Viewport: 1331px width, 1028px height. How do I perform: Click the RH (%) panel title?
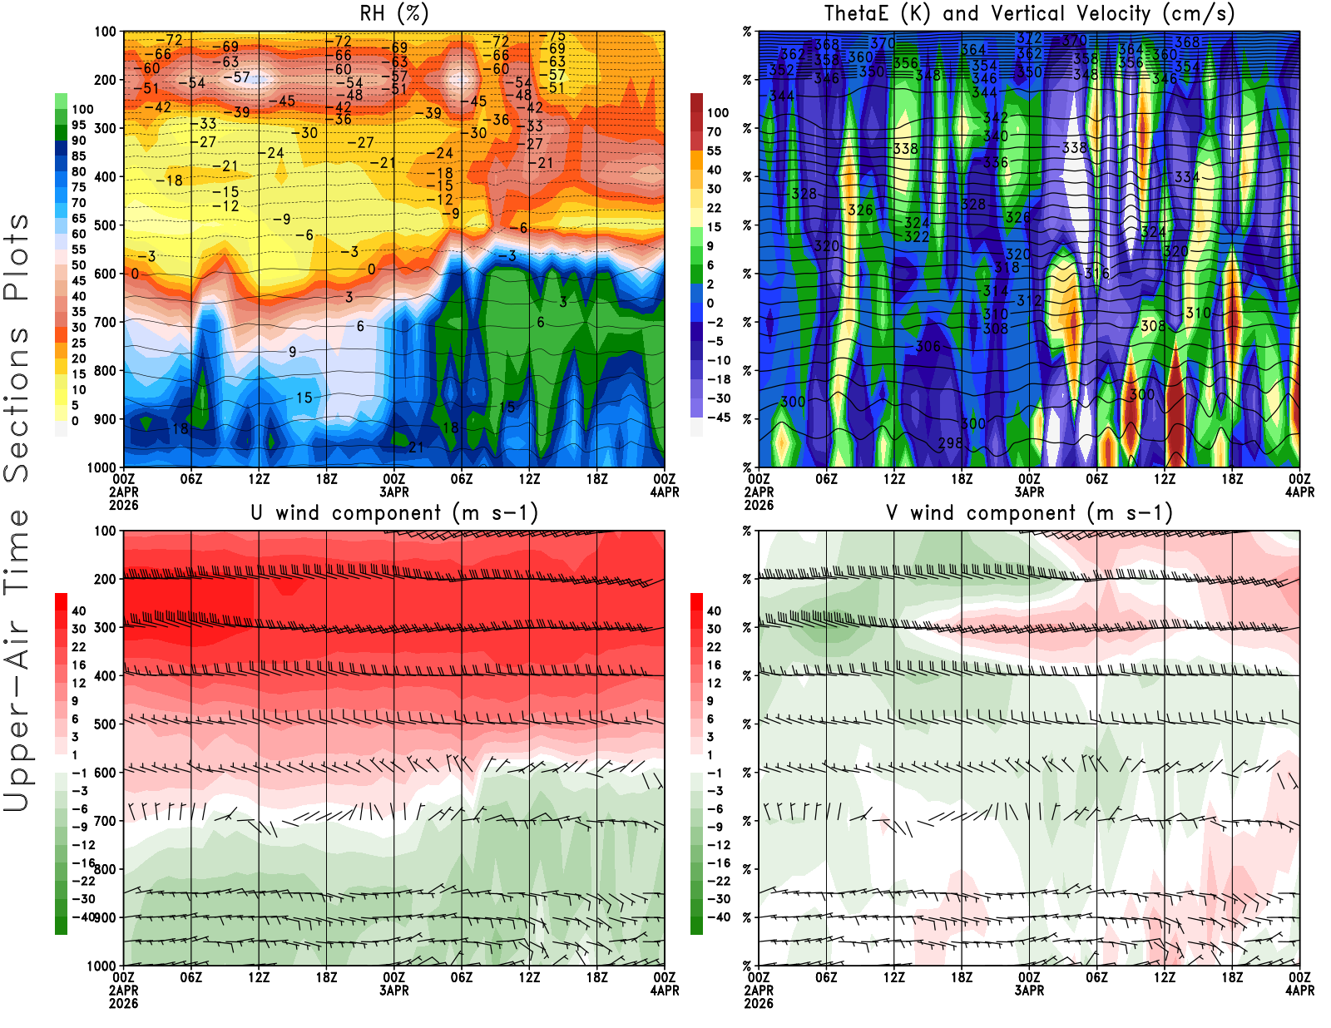point(394,13)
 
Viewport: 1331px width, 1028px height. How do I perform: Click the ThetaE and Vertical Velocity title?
point(1029,13)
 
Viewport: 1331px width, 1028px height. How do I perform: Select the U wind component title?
point(394,512)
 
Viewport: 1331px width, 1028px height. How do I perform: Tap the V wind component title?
point(1029,512)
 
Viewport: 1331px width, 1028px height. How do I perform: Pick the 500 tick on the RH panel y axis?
point(105,225)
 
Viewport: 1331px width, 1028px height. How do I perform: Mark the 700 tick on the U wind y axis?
point(105,821)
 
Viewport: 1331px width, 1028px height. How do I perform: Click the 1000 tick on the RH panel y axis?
point(101,467)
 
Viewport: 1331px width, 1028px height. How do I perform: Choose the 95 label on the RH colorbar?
point(79,125)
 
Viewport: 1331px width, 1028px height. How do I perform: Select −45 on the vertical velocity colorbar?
point(719,418)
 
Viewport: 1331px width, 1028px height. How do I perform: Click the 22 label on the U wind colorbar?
point(79,647)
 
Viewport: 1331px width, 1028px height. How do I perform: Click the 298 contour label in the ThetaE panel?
point(951,443)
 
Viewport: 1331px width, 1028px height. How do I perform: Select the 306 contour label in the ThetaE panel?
point(928,347)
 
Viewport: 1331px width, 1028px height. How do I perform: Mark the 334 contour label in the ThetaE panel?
point(1187,177)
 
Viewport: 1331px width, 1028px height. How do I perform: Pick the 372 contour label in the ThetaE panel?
point(1029,38)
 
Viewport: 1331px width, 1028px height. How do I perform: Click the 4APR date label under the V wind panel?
point(1299,991)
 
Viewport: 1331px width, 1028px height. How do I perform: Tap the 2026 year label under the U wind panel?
point(123,1004)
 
